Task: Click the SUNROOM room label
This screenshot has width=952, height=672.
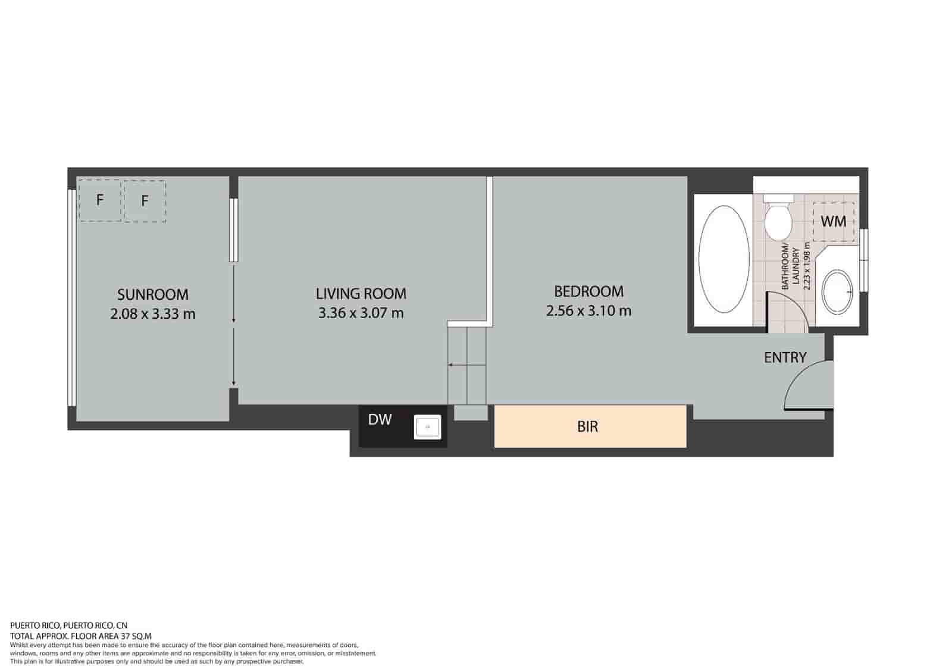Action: [153, 294]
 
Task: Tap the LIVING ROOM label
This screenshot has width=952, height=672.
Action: [361, 293]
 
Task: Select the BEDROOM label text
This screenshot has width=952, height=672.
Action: [589, 291]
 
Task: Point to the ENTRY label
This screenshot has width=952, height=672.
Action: [785, 357]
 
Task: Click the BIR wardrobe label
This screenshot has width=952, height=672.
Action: [588, 426]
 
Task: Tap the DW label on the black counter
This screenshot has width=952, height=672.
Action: [380, 420]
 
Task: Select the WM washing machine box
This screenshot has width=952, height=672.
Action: [834, 221]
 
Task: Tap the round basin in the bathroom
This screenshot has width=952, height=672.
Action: [837, 291]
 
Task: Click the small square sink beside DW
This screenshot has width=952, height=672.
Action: [427, 426]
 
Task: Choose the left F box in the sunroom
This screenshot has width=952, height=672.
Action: [100, 200]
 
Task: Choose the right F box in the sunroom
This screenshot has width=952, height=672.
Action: [145, 201]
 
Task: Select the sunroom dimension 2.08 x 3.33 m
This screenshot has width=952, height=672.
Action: [153, 314]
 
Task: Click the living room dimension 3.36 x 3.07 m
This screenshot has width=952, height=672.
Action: [361, 313]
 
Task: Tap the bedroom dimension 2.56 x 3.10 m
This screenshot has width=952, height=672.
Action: [589, 310]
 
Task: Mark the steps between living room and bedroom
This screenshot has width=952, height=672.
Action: [468, 366]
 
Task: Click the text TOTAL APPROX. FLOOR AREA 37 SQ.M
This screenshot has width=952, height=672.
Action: [81, 635]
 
